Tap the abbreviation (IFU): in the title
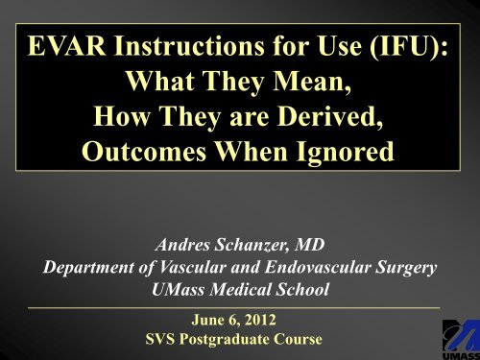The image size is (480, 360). [417, 45]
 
